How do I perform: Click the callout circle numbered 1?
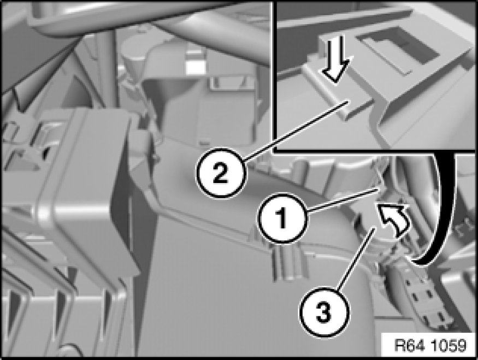[282, 219]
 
